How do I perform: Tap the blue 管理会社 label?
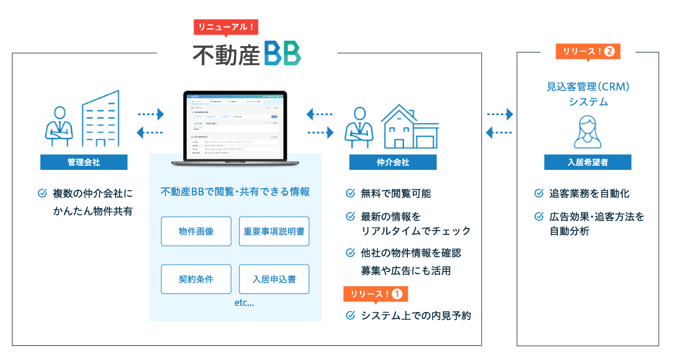click(83, 162)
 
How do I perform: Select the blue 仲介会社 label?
click(393, 162)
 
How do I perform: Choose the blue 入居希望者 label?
click(587, 162)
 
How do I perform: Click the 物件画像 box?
click(196, 231)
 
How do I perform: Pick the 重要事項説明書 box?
click(274, 231)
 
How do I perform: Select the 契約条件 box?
click(196, 279)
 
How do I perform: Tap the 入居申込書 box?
click(274, 279)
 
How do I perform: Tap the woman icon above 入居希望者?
click(588, 130)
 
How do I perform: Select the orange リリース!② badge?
click(588, 51)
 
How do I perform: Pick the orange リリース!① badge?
click(375, 294)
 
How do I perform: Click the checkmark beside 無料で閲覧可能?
click(350, 194)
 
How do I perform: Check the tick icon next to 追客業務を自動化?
click(539, 194)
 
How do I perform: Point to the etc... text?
click(244, 304)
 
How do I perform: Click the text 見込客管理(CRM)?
click(588, 87)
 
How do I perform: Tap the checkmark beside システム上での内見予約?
click(350, 315)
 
